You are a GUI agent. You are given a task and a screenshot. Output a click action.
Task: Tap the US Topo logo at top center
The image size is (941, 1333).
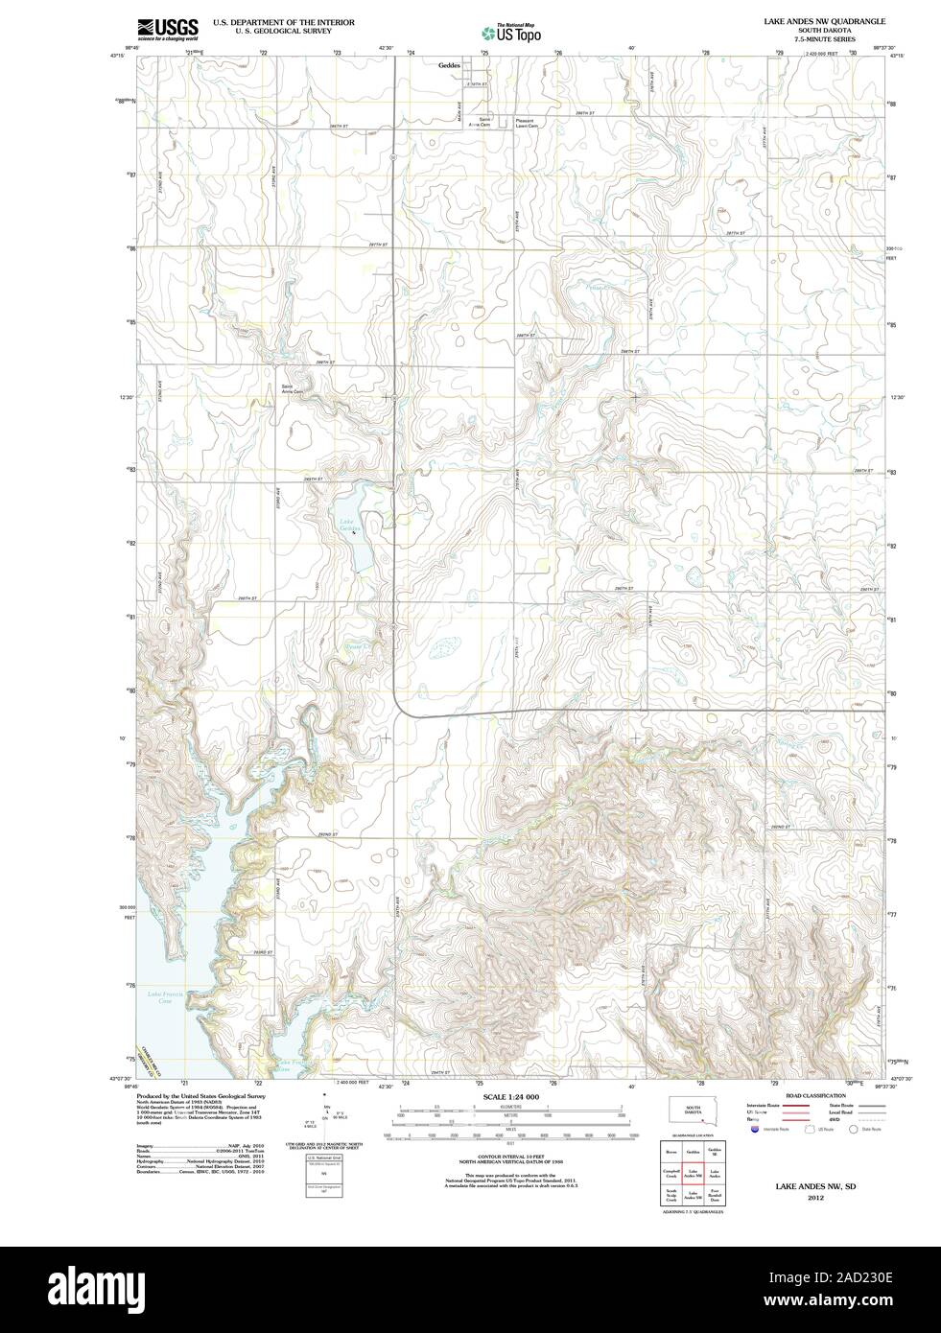point(510,32)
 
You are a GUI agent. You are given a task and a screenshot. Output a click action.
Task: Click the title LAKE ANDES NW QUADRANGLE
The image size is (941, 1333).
point(817,20)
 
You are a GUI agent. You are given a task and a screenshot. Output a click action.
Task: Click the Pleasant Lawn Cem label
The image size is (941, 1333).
point(529,124)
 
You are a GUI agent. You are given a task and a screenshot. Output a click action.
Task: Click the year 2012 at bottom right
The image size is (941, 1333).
point(815,1197)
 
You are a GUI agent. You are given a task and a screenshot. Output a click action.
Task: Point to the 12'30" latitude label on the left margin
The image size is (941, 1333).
point(123,397)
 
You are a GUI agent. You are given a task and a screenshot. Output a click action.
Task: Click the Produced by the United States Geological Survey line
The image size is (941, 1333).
point(200,1094)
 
